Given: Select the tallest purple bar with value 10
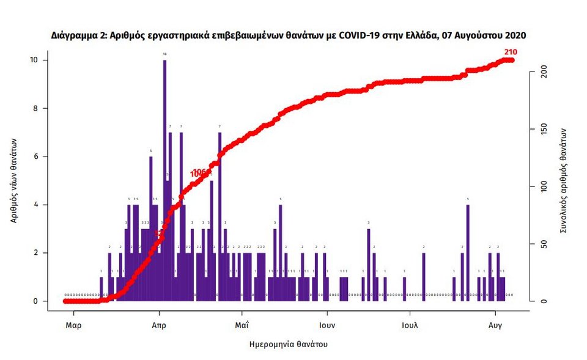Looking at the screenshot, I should pos(164,177).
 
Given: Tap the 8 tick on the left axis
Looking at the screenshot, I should pos(35,108).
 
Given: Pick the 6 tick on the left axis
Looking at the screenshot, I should pos(35,156).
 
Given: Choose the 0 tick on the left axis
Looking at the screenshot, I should pos(35,301).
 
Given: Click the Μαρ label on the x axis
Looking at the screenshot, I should pos(73,325).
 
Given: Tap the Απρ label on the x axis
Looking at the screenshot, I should pos(159,325).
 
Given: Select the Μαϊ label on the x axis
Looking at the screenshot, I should pos(242,325).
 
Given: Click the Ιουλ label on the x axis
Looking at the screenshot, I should pos(410,325).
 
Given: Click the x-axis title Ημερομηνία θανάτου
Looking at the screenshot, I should pos(289,344).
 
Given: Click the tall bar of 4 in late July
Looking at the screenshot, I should pos(468,252).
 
